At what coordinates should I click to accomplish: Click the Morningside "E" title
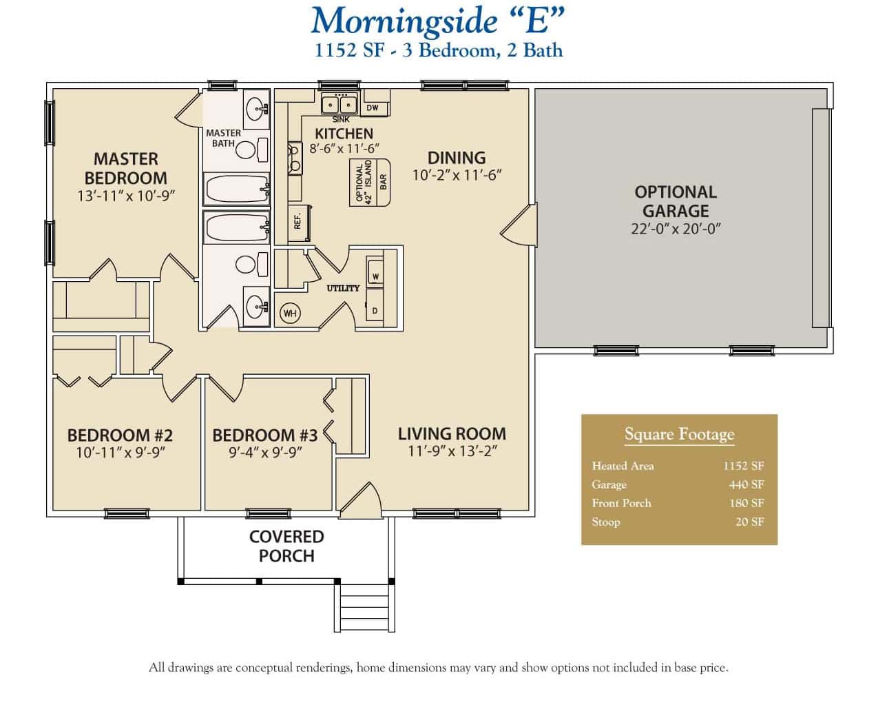point(438,21)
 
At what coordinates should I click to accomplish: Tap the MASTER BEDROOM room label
point(126,169)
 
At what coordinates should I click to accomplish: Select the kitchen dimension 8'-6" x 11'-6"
point(344,148)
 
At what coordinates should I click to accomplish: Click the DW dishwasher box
point(373,107)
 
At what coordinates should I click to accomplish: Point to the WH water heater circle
point(290,314)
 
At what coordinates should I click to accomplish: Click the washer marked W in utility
point(375,275)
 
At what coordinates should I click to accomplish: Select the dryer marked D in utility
point(375,311)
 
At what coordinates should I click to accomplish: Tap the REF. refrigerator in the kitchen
point(298,221)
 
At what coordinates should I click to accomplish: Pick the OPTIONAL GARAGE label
point(676,201)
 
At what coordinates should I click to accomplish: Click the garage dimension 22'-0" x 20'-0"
point(676,229)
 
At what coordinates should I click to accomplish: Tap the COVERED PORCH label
point(286,546)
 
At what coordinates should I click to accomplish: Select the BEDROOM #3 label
point(264,435)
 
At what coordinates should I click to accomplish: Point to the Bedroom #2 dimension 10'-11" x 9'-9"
point(121,453)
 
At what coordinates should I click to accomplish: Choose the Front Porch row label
point(621,503)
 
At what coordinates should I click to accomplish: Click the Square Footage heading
point(679,434)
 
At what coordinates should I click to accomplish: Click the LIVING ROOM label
point(452,433)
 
